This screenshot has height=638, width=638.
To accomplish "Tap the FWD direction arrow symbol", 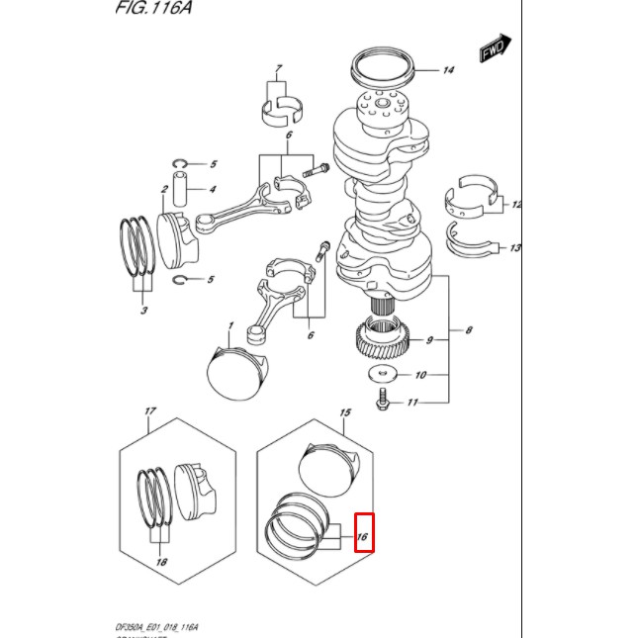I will pyautogui.click(x=495, y=49).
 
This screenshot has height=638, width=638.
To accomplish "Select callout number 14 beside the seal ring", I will pyautogui.click(x=448, y=70).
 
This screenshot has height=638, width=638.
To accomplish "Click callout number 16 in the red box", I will pyautogui.click(x=363, y=537).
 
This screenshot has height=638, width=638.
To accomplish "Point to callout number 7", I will pyautogui.click(x=278, y=69).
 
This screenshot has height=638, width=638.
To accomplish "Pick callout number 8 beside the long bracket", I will pyautogui.click(x=468, y=329).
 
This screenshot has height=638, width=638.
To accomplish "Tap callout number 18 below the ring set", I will pyautogui.click(x=161, y=562).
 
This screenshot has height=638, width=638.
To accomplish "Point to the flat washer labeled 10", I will pyautogui.click(x=381, y=375).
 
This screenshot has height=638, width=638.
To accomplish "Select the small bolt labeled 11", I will pyautogui.click(x=382, y=402).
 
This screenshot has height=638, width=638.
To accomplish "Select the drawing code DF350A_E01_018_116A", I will pyautogui.click(x=157, y=627).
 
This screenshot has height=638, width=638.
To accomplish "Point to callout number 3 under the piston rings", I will pyautogui.click(x=144, y=311).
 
